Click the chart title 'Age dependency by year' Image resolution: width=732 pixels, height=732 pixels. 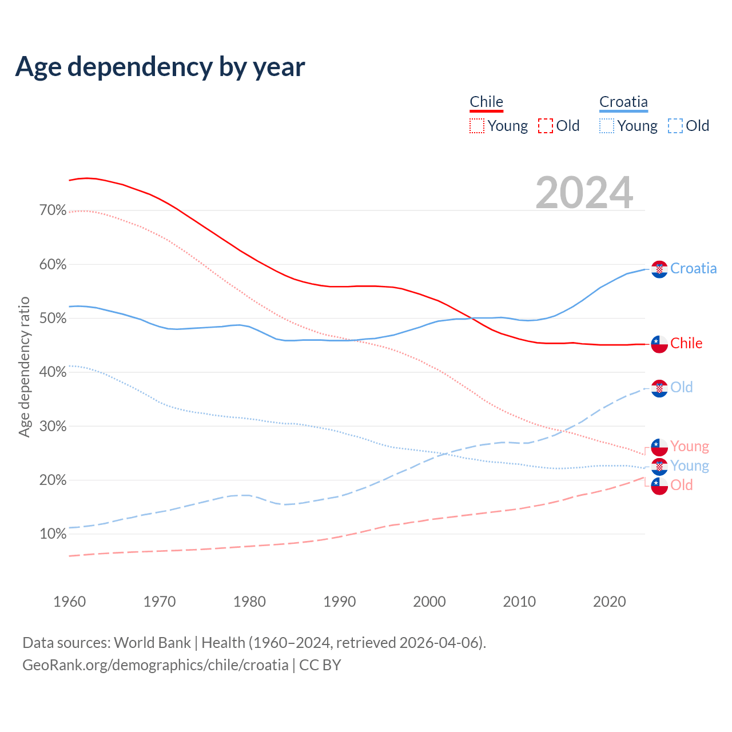point(160,67)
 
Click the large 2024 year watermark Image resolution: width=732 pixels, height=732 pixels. point(584,193)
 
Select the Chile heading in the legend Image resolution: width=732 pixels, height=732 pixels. point(486,102)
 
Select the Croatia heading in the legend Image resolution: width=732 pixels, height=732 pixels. point(623,102)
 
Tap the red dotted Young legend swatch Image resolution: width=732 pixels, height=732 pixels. point(477,126)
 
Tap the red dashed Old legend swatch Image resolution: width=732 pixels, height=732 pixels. point(546,126)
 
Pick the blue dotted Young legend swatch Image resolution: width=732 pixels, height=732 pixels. point(607,126)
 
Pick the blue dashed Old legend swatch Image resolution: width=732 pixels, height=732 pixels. point(675,126)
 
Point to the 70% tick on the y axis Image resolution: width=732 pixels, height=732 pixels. point(53,210)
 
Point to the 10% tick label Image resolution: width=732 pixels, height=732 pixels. point(53,534)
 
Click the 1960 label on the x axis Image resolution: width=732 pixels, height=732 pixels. point(69,602)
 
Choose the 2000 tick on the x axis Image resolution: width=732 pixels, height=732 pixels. point(429,602)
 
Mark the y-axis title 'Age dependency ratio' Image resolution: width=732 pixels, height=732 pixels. point(24,367)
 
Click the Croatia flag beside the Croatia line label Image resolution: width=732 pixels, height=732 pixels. point(659,269)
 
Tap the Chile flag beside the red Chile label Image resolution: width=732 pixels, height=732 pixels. point(659,344)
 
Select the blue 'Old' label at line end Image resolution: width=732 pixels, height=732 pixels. point(681,387)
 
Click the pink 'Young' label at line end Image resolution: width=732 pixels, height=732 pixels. point(689,446)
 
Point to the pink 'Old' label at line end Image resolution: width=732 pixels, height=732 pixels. point(681,485)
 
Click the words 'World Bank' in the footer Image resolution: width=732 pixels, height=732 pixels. point(152,643)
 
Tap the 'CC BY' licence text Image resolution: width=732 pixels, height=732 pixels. point(320,665)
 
